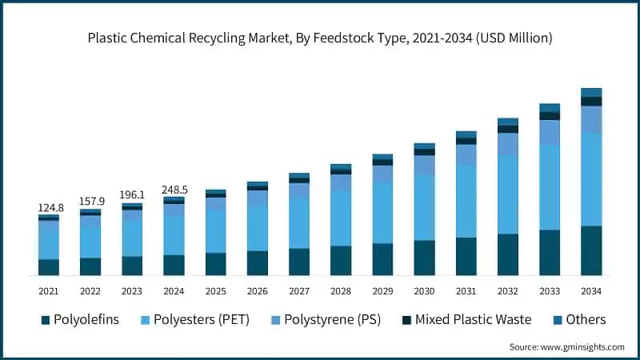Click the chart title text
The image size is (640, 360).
(320, 38)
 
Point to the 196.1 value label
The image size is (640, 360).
(132, 194)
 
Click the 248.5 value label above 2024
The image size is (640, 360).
(174, 189)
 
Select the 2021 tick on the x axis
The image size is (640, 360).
(49, 291)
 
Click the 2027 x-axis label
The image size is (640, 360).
(299, 291)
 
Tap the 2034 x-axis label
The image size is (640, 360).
(591, 291)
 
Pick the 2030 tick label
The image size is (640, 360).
(424, 291)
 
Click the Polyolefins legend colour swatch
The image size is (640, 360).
(46, 320)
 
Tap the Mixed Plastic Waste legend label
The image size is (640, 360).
(478, 320)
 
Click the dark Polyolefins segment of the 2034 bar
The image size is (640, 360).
(591, 250)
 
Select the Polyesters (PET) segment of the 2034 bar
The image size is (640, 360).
(591, 180)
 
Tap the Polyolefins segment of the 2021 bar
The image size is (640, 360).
(49, 267)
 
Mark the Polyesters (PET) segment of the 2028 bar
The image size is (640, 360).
(341, 218)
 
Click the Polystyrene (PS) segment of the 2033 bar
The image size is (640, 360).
(550, 133)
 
